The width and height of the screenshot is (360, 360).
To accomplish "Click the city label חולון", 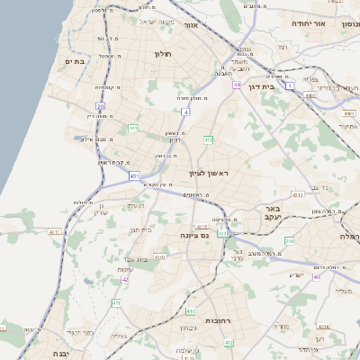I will coord(162,54).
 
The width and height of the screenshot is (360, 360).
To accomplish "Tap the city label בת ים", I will coord(74,61).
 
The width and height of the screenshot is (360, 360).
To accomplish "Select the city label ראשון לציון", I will coord(209,173).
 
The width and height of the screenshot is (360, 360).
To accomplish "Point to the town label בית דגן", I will coord(259,86).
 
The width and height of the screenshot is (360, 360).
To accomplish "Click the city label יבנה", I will coord(59,354).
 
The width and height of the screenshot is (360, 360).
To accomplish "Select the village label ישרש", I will coord(298,275).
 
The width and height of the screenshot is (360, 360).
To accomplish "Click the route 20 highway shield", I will coord(101,106).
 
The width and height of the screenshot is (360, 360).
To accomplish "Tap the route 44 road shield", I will coord(237,85).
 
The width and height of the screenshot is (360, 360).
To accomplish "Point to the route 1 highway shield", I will coord(291,85).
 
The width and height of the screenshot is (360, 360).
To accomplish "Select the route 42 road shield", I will coord(126,279).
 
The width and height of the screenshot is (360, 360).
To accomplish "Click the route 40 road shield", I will coord(316,276).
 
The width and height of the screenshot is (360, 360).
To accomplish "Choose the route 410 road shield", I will coord(190,311).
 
